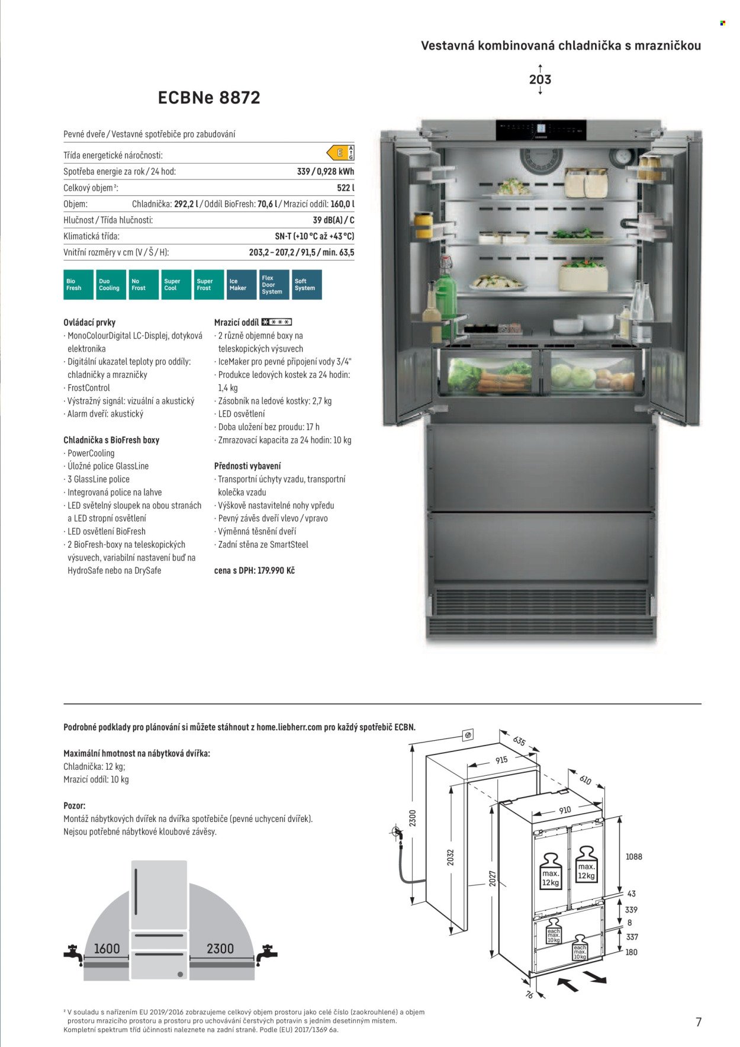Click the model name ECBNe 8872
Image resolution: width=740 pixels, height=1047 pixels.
click(209, 98)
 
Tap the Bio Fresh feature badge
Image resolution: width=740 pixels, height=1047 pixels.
click(78, 285)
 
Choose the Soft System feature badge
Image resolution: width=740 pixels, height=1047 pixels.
click(307, 285)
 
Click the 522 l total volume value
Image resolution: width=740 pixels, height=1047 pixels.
click(345, 188)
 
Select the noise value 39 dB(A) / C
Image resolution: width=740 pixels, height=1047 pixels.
click(333, 220)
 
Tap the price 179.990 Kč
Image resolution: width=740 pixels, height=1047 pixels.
click(276, 571)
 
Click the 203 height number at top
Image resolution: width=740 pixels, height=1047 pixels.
click(540, 79)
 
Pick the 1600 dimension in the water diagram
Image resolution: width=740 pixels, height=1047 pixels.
click(107, 949)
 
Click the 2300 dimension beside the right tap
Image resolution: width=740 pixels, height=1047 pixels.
click(220, 949)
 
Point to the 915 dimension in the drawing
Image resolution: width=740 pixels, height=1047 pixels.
click(501, 760)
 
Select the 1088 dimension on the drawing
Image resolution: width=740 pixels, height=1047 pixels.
click(633, 856)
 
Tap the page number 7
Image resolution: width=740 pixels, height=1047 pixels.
click(699, 1022)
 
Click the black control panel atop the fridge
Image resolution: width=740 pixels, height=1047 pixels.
click(540, 130)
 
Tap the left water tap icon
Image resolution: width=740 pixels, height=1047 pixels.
click(73, 954)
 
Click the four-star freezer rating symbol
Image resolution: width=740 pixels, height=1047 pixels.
click(276, 322)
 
